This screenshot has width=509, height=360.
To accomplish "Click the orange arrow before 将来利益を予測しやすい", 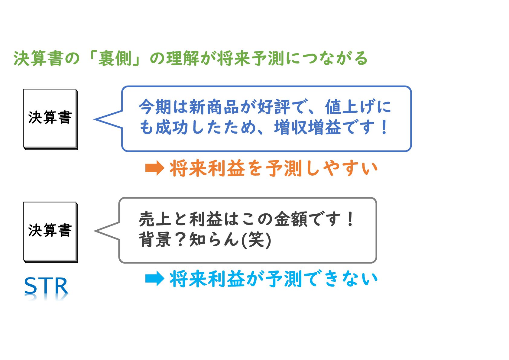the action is click(x=154, y=168).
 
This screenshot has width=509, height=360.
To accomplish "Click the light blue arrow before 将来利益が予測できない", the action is click(x=154, y=278).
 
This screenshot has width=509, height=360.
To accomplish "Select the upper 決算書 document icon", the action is click(x=50, y=118).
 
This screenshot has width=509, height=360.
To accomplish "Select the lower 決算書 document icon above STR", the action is click(x=50, y=232).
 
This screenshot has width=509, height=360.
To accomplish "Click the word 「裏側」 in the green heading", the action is click(x=115, y=58).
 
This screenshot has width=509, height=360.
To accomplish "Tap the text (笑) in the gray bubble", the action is click(x=256, y=240).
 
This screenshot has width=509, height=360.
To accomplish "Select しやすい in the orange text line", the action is click(x=342, y=168).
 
